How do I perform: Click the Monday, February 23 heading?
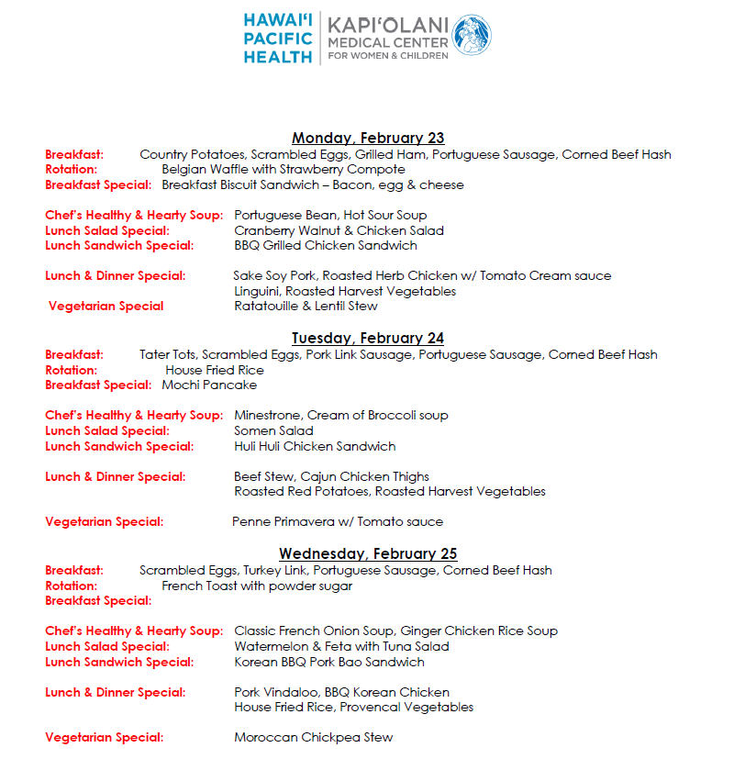click(x=368, y=139)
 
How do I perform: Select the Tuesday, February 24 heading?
click(x=368, y=339)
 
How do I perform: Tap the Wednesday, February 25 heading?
click(x=368, y=554)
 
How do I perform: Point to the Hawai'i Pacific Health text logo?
click(x=278, y=38)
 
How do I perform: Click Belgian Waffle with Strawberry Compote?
click(x=283, y=170)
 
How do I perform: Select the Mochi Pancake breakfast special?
click(x=209, y=385)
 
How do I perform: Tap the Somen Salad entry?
click(x=273, y=430)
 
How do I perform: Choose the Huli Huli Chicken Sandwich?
click(x=315, y=446)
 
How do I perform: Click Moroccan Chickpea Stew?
click(x=313, y=737)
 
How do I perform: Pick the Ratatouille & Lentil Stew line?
click(x=306, y=307)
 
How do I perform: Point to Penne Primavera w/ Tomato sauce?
click(x=338, y=522)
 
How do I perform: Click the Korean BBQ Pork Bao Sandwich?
click(x=329, y=662)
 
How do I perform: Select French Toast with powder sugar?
click(x=257, y=586)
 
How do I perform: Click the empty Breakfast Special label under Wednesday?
click(x=98, y=601)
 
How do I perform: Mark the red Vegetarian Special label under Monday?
click(x=106, y=307)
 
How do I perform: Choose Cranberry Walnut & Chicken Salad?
click(x=339, y=230)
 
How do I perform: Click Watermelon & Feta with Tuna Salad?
click(x=341, y=646)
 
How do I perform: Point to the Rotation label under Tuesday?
click(x=71, y=370)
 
